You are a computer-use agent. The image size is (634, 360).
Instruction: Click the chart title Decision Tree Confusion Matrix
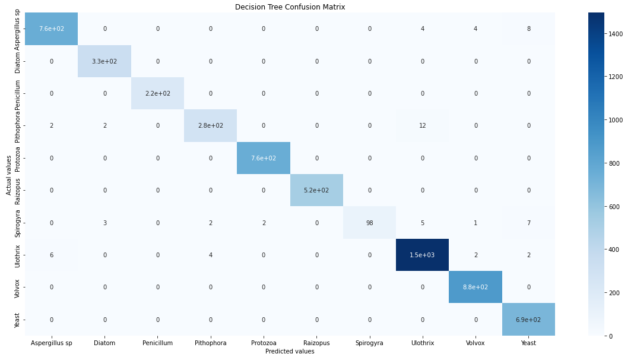(x=290, y=7)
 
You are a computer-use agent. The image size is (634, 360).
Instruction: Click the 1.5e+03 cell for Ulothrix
(x=422, y=255)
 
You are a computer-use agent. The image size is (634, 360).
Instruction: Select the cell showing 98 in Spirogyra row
(x=369, y=223)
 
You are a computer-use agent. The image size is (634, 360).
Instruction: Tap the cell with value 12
(x=422, y=126)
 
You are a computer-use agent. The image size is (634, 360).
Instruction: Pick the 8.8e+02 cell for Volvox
(x=475, y=287)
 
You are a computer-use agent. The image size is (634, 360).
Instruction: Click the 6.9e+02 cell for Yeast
(x=528, y=320)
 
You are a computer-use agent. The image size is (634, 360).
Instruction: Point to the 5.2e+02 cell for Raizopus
(x=316, y=190)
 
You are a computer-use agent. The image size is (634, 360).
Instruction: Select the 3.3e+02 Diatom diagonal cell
(x=104, y=61)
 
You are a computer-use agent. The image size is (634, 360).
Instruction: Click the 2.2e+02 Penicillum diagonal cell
(x=157, y=93)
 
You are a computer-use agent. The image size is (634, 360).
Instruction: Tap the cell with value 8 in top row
(x=528, y=29)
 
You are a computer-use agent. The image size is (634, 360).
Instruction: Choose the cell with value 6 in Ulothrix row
(x=52, y=255)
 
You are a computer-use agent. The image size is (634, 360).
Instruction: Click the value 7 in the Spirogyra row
(x=528, y=223)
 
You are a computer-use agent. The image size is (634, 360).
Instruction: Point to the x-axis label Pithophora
(x=211, y=343)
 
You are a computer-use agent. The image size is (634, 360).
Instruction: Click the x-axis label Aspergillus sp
(x=52, y=343)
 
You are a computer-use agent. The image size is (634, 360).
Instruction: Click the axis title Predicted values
(x=290, y=352)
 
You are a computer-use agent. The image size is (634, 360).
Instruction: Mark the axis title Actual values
(x=9, y=175)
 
